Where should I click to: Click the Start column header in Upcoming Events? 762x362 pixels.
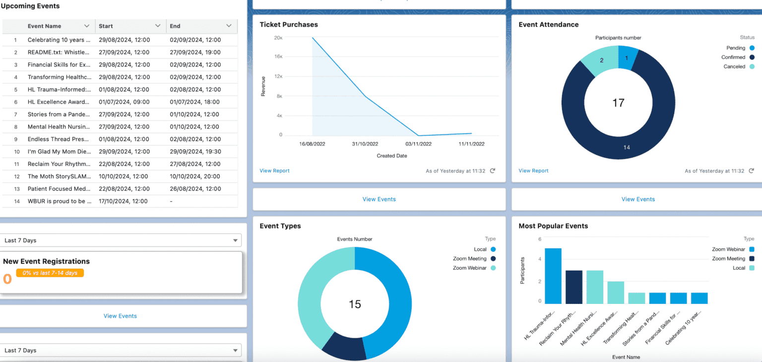(106, 26)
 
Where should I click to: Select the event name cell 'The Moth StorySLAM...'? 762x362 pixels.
(59, 176)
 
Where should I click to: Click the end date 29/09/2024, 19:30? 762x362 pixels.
(195, 151)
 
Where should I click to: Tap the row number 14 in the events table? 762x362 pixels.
(16, 201)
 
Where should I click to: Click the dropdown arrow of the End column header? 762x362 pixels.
(229, 26)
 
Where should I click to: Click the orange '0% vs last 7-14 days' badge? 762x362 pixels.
(50, 273)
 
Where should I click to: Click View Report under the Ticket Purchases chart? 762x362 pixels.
(274, 171)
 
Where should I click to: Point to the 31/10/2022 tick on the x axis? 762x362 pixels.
(365, 144)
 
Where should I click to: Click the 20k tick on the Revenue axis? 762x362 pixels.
(278, 38)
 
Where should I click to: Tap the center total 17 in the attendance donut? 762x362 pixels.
(618, 103)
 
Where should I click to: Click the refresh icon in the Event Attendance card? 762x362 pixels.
(752, 171)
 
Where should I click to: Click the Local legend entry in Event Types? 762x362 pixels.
(480, 249)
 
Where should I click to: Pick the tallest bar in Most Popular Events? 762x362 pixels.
(553, 276)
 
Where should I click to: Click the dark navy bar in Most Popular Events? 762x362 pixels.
(573, 287)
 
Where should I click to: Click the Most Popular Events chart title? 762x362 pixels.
(553, 226)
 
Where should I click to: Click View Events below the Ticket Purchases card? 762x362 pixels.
(379, 199)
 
